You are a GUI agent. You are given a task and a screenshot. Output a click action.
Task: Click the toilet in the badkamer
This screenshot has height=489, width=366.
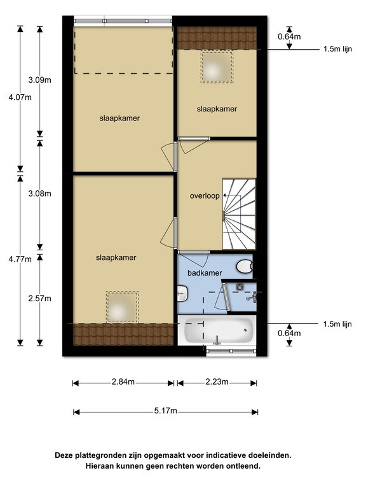(x=244, y=267)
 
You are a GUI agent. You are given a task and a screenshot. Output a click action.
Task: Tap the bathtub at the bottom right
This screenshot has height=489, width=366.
(x=218, y=330)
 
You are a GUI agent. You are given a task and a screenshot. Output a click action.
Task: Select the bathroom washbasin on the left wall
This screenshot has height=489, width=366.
(x=182, y=294)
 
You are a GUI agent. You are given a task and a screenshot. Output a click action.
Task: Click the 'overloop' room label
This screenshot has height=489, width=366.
(x=205, y=196)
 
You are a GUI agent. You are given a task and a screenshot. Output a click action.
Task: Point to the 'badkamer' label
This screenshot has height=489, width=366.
(x=205, y=273)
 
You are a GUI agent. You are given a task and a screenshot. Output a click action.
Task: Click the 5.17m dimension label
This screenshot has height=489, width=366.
(x=166, y=411)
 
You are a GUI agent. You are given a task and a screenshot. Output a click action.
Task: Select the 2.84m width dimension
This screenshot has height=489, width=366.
(x=123, y=381)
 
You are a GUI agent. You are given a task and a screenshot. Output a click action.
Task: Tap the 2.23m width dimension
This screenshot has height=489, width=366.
(x=217, y=381)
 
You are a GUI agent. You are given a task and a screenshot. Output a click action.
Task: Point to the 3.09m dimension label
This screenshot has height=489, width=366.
(x=40, y=80)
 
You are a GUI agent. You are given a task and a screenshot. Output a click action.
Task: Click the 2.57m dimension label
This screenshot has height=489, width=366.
(x=40, y=299)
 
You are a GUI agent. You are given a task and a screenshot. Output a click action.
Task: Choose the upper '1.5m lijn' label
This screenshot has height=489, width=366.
(x=338, y=49)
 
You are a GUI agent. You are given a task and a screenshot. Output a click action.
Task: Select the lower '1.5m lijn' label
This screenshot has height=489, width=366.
(x=337, y=324)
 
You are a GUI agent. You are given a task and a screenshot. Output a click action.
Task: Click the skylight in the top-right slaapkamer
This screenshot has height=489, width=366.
(x=217, y=67)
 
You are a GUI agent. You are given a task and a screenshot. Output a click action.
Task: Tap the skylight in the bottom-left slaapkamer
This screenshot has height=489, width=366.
(x=122, y=307)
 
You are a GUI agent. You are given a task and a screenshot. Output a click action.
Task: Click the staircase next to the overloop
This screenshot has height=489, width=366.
(x=239, y=214)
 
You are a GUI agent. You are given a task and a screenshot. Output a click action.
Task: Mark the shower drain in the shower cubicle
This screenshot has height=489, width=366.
(x=240, y=287)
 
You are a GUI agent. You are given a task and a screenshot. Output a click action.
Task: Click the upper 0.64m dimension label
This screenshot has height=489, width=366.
(x=290, y=36)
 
